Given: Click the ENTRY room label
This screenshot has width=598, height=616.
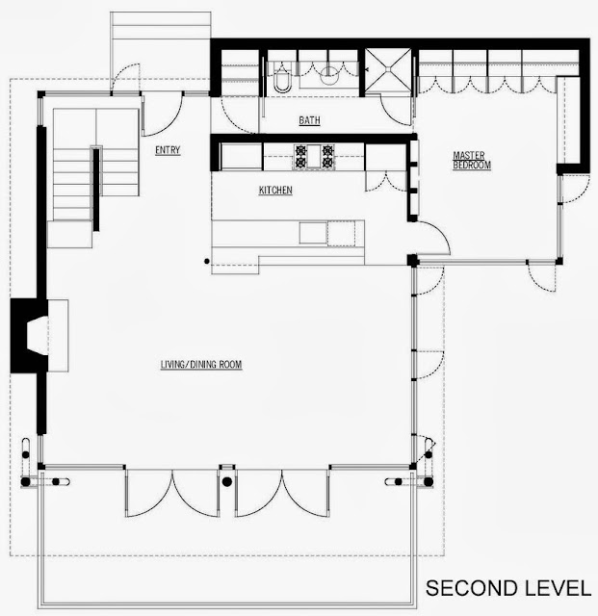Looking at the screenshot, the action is (x=168, y=150).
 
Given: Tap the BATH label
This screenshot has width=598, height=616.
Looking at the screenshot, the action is (x=309, y=120).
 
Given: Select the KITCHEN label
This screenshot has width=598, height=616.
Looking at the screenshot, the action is (x=275, y=191).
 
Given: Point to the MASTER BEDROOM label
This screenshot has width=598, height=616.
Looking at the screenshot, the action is (x=472, y=161).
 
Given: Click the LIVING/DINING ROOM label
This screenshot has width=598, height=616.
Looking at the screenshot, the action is (x=201, y=365).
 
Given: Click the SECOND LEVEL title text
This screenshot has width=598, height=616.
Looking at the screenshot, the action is (x=508, y=588).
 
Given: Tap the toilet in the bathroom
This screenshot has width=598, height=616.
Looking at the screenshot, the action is (x=282, y=79).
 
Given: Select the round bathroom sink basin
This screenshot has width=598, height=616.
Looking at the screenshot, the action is (x=329, y=75).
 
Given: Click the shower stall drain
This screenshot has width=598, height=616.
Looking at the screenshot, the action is (x=388, y=69).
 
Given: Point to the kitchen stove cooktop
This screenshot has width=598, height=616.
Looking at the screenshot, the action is (x=314, y=157).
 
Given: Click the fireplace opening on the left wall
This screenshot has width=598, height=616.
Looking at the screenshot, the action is (x=38, y=336).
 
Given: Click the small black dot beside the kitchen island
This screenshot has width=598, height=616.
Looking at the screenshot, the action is (x=207, y=261).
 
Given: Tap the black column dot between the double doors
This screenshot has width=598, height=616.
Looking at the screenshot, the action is (x=227, y=481).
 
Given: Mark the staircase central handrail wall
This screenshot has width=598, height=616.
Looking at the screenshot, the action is (x=96, y=189).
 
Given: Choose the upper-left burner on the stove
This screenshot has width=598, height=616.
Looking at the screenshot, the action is (x=301, y=150).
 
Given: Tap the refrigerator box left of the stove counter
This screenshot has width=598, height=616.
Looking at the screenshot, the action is (x=242, y=157).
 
